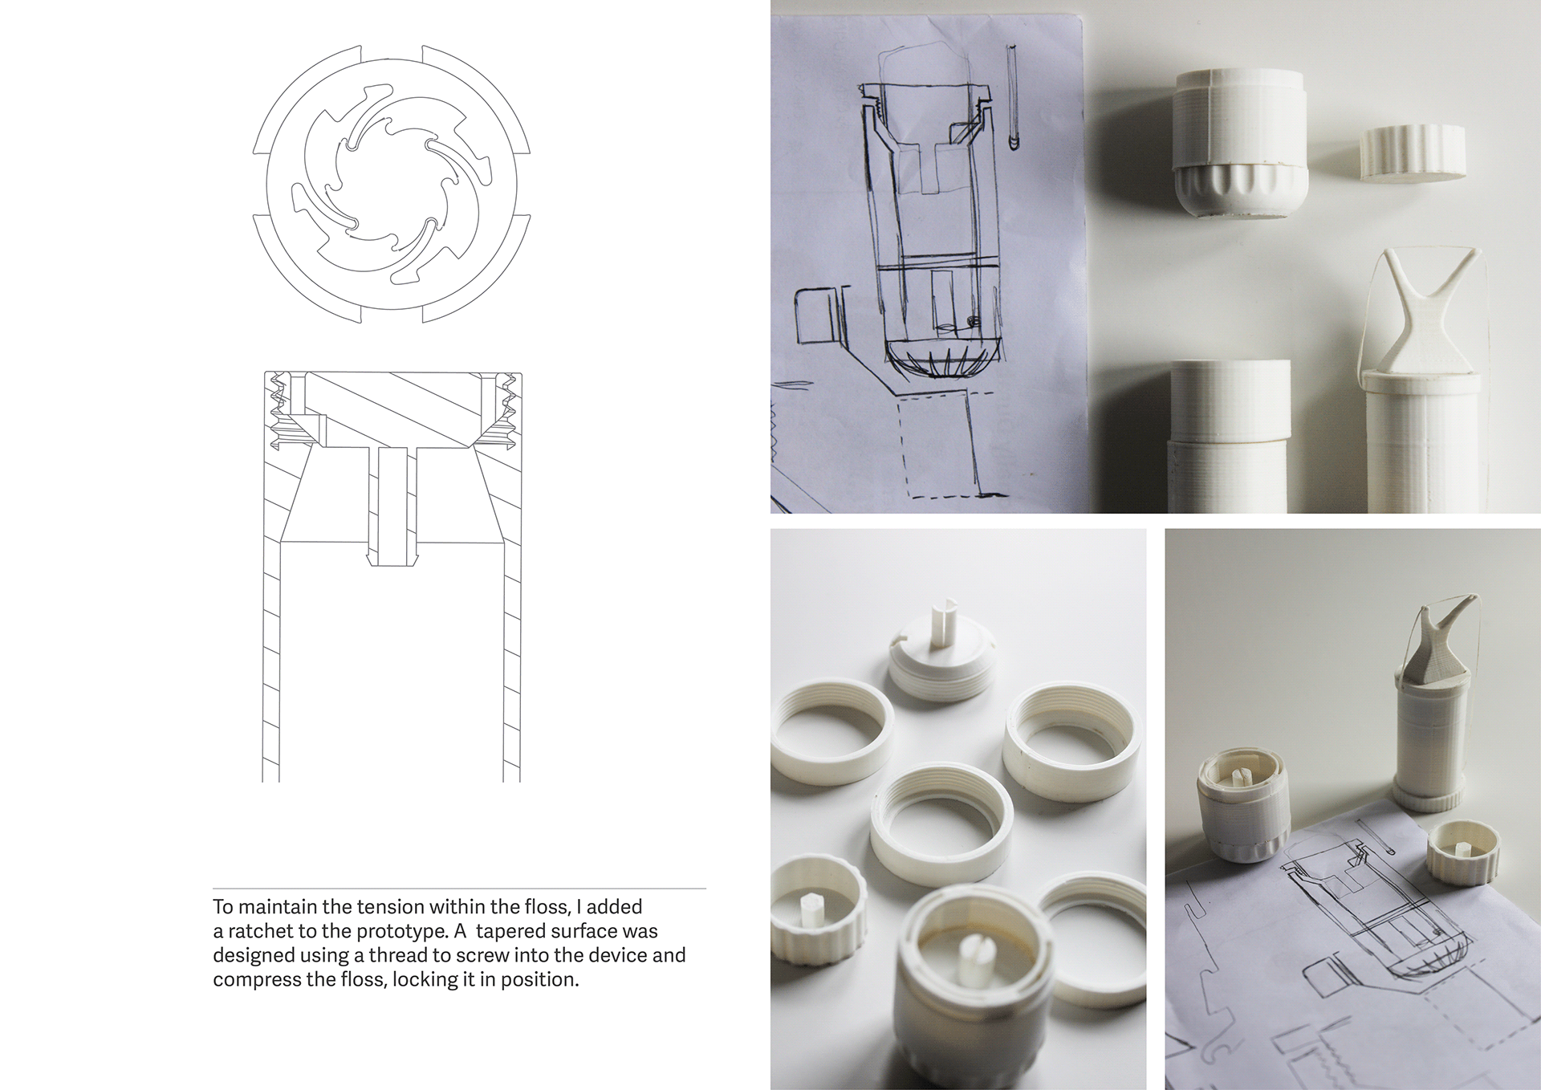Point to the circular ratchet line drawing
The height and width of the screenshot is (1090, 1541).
click(x=391, y=183)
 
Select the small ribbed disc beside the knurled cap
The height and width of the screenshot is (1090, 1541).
click(x=1413, y=153)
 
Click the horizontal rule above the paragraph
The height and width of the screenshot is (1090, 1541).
click(x=459, y=889)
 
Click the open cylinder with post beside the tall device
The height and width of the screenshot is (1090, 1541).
click(x=1236, y=811)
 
